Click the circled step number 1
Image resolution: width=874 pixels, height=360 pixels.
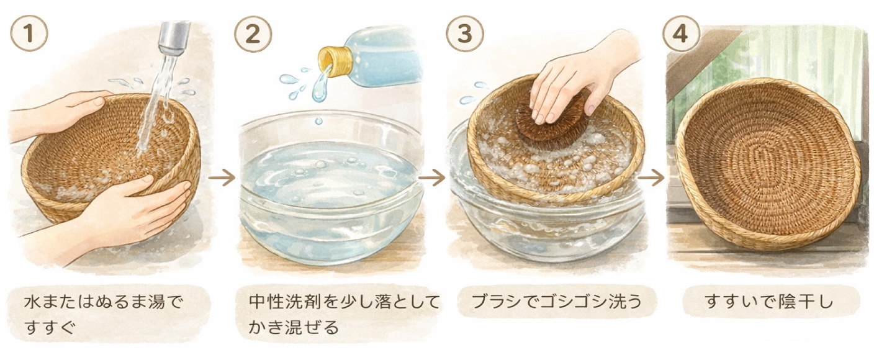[29, 33]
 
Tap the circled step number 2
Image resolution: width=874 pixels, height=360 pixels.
[253, 33]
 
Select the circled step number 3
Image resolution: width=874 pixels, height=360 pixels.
[465, 33]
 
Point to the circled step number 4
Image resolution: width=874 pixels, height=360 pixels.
[681, 33]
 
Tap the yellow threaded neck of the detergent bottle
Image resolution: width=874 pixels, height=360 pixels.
[333, 60]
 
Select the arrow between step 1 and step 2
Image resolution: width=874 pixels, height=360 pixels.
[222, 178]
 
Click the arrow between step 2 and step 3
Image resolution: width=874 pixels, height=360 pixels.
[432, 178]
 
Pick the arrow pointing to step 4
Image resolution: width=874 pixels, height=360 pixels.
[651, 178]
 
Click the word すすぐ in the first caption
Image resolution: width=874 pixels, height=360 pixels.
[50, 327]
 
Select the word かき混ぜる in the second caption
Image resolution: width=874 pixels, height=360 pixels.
[294, 327]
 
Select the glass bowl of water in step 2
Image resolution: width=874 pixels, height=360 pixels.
[331, 187]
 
